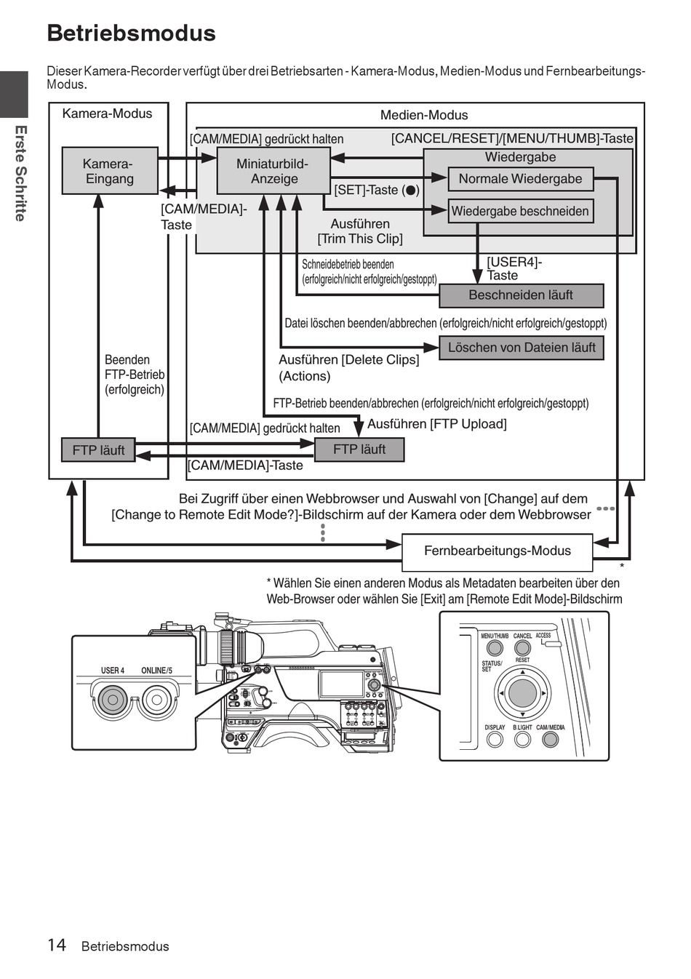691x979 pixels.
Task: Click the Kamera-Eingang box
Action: pyautogui.click(x=110, y=170)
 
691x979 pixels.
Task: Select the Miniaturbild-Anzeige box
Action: pyautogui.click(x=273, y=170)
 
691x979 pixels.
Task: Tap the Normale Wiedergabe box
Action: pyautogui.click(x=521, y=179)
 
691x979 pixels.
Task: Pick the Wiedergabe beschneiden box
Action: pyautogui.click(x=521, y=211)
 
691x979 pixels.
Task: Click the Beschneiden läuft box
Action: pyautogui.click(x=521, y=295)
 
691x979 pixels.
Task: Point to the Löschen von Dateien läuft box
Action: pyautogui.click(x=521, y=348)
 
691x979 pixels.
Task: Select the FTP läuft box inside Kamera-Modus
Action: pyautogui.click(x=98, y=449)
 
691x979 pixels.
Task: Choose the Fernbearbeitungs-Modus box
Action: pyautogui.click(x=497, y=552)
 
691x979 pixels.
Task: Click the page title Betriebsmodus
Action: pyautogui.click(x=132, y=33)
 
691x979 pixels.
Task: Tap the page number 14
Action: pyautogui.click(x=57, y=945)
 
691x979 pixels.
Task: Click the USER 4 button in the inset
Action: pyautogui.click(x=112, y=700)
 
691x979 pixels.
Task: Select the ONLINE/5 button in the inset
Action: pyautogui.click(x=156, y=700)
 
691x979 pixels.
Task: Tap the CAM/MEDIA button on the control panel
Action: pyautogui.click(x=551, y=740)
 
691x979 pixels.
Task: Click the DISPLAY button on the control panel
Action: pyautogui.click(x=495, y=740)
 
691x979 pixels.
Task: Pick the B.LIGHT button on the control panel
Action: pyautogui.click(x=522, y=740)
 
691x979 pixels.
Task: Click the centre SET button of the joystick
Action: pyautogui.click(x=522, y=692)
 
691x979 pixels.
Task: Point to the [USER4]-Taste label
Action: pyautogui.click(x=514, y=269)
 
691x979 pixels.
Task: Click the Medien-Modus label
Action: pyautogui.click(x=424, y=115)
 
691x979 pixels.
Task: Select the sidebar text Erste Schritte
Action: pyautogui.click(x=20, y=174)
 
